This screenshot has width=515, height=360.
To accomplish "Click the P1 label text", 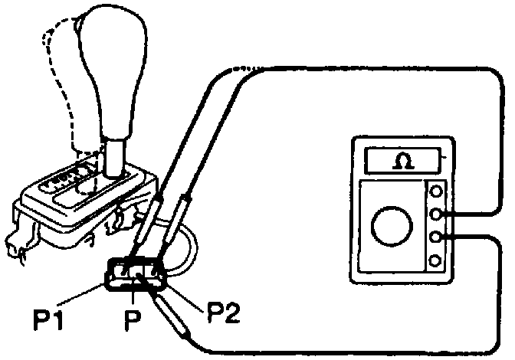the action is [48, 316].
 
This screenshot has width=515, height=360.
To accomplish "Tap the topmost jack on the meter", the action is [436, 191].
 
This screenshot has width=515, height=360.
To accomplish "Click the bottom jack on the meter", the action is [436, 261].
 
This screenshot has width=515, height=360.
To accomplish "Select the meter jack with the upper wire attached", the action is [436, 214].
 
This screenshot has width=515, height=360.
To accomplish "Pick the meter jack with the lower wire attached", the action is [436, 237].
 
